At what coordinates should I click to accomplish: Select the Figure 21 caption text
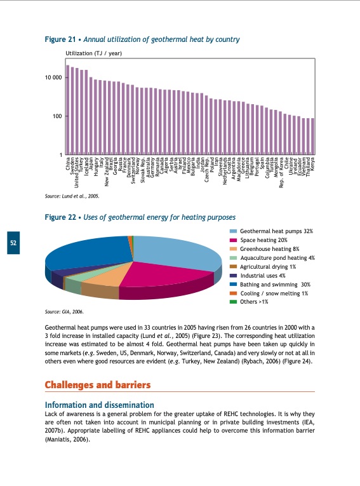[x=142, y=39]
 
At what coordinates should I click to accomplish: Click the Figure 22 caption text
[x=140, y=218]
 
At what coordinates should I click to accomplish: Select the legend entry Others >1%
[x=253, y=302]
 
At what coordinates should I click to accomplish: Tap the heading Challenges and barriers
[x=98, y=385]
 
